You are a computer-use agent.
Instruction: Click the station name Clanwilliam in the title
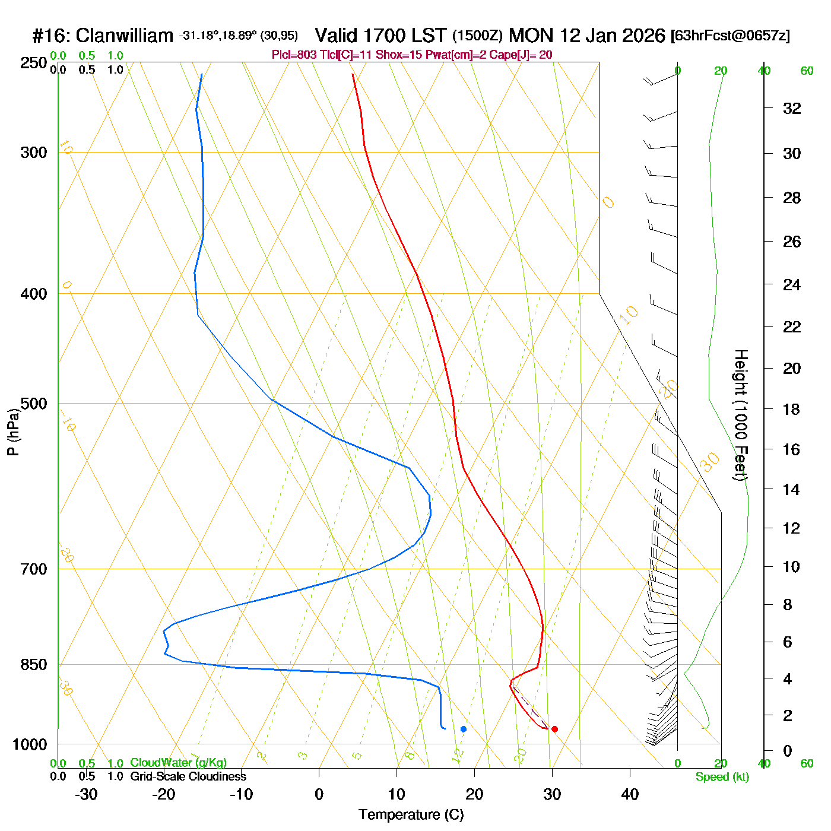[x=125, y=36]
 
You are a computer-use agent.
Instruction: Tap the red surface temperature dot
[x=554, y=729]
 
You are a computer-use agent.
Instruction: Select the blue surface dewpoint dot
[x=464, y=729]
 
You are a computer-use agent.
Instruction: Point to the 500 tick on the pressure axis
[x=34, y=404]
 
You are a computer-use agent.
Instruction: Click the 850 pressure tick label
[x=34, y=665]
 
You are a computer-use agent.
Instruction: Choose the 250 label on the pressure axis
[x=34, y=63]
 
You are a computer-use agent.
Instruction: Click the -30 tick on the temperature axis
[x=86, y=794]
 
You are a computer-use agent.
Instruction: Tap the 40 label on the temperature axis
[x=630, y=794]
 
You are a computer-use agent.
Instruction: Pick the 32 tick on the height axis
[x=792, y=108]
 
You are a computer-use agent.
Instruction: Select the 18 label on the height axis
[x=792, y=409]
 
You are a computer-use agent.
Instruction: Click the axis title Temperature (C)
[x=411, y=815]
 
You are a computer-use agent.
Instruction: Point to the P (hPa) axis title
[x=13, y=432]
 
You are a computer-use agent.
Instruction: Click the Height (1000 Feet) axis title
[x=741, y=415]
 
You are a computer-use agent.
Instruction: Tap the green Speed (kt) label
[x=722, y=777]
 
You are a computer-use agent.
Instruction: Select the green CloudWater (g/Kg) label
[x=178, y=763]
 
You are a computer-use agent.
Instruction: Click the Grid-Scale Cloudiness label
[x=188, y=776]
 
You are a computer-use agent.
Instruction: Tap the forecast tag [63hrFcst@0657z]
[x=730, y=36]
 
